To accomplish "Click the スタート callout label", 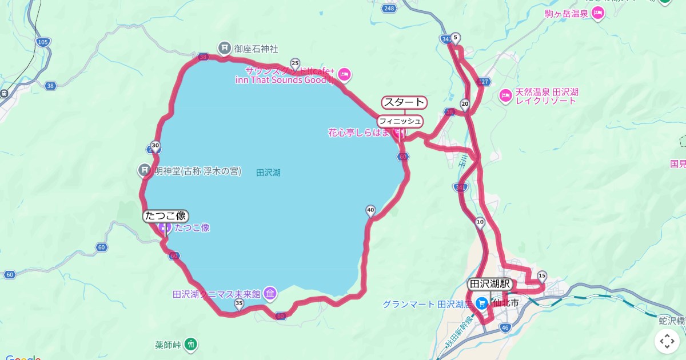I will (404, 102).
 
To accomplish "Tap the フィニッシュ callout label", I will (400, 121).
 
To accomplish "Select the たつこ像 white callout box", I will (166, 216).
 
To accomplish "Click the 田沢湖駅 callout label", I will (490, 284).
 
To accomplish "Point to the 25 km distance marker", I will (295, 63).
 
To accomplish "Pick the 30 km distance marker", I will (155, 145).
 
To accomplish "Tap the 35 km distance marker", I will (239, 303).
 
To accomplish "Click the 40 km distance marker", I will (370, 210).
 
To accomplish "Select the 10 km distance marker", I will (480, 222).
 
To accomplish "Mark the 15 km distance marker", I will (542, 275).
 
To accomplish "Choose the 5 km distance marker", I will (455, 38).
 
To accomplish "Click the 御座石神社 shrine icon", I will (225, 47).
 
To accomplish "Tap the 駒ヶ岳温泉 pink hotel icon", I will (598, 13).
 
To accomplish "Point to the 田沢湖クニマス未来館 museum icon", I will (270, 294).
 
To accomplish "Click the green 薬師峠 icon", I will (192, 344).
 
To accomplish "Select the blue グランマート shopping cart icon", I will (482, 303).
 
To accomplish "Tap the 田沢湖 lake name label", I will (268, 171).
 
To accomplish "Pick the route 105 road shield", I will (42, 42).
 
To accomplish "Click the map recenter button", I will (667, 342).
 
